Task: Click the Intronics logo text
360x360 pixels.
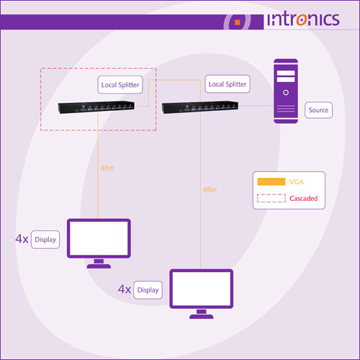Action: click(x=303, y=19)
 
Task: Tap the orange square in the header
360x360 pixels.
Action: click(x=238, y=22)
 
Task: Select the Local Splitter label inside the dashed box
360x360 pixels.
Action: click(x=120, y=85)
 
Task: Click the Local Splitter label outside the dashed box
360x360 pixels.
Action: click(x=228, y=84)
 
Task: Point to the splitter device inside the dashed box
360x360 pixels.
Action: click(x=96, y=107)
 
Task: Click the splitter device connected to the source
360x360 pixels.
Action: click(x=200, y=107)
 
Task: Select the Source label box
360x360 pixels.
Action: click(x=318, y=110)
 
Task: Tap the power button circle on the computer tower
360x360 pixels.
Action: click(x=286, y=92)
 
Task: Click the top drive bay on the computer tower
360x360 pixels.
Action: click(x=286, y=73)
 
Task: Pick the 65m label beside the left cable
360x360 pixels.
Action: click(x=107, y=168)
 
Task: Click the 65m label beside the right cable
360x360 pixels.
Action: click(x=210, y=190)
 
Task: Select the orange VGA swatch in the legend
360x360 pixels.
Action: click(x=271, y=181)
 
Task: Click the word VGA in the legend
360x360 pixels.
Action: click(x=297, y=182)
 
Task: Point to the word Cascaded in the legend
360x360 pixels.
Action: click(x=304, y=198)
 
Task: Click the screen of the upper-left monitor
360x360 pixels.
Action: click(x=99, y=238)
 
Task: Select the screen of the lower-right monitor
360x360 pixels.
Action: click(x=202, y=289)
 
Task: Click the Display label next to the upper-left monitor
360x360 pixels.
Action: click(x=45, y=240)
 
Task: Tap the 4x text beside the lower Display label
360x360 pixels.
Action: click(x=125, y=289)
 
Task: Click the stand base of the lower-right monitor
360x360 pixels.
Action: click(x=202, y=317)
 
